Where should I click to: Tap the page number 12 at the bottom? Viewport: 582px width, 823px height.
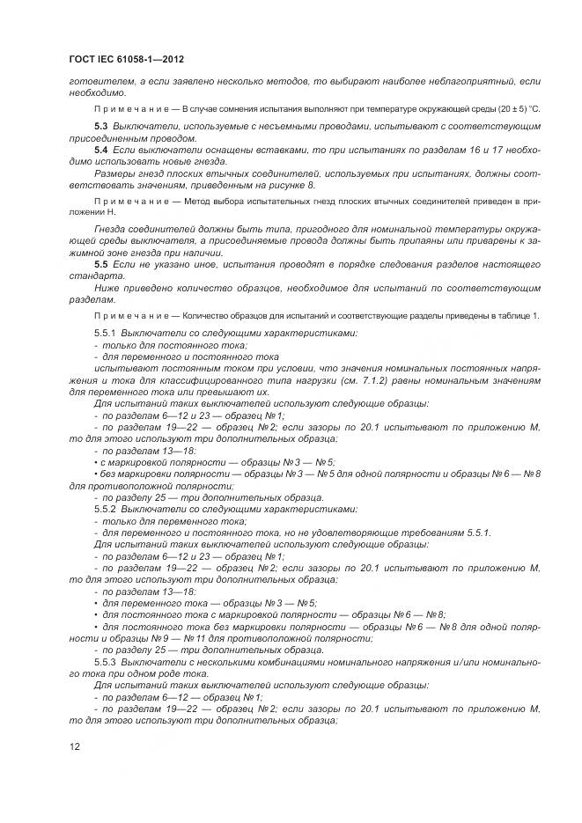pyautogui.click(x=74, y=746)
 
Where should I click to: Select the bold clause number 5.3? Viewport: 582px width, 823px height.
pyautogui.click(x=101, y=128)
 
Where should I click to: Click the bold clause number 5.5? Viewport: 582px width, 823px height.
pyautogui.click(x=101, y=265)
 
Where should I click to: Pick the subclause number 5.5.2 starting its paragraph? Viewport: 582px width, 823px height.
pyautogui.click(x=105, y=510)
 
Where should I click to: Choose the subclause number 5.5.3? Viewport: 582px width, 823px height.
pyautogui.click(x=105, y=661)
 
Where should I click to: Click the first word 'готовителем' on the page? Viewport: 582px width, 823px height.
pyautogui.click(x=94, y=81)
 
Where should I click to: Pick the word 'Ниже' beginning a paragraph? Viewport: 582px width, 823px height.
pyautogui.click(x=107, y=288)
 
